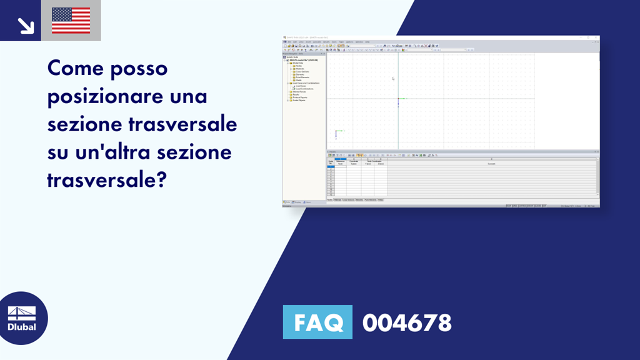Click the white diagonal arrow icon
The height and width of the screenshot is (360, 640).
(x=25, y=25)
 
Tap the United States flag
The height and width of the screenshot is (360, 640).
(x=71, y=21)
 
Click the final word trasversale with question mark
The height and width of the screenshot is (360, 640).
(x=106, y=180)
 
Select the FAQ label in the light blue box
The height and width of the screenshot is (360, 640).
(x=317, y=322)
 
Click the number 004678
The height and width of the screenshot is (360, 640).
(x=407, y=322)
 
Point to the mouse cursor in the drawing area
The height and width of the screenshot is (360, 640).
(x=393, y=79)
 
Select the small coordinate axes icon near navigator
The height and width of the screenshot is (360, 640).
(x=336, y=132)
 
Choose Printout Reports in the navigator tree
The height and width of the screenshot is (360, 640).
(x=299, y=97)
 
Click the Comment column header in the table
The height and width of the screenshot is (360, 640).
(x=491, y=164)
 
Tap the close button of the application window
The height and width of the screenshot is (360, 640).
(x=597, y=39)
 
